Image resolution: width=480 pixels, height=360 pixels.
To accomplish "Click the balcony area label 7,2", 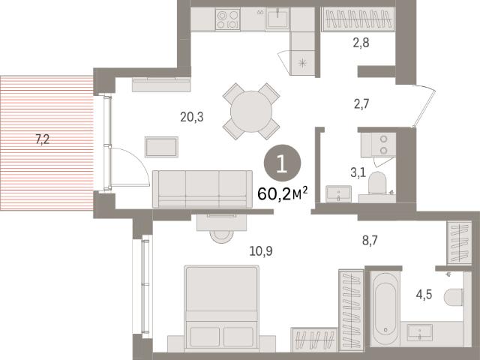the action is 43,139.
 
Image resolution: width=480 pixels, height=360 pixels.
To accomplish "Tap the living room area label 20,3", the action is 192,117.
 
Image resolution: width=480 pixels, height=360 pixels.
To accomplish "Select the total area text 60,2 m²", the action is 282,193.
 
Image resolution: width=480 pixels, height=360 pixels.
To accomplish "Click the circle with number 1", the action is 282,163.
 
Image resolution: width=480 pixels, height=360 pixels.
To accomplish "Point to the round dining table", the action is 251,112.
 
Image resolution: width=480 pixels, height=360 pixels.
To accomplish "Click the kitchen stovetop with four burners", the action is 227,19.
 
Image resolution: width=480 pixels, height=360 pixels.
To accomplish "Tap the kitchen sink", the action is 277,18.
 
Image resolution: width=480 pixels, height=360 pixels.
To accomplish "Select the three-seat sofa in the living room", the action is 202,189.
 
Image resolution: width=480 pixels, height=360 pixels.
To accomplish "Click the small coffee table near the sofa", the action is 161,147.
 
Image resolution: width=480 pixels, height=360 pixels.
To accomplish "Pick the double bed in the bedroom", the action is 222,308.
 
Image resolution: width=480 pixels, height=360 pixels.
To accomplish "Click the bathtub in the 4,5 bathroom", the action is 385,308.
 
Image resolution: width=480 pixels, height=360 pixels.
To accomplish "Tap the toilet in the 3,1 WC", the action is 377,183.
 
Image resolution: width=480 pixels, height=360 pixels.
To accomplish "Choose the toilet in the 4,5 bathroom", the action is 453,297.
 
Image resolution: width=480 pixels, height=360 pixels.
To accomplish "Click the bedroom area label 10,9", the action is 261,251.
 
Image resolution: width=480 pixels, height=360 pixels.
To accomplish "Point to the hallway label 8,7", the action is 370,241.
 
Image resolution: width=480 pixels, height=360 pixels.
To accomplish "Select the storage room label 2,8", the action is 361,43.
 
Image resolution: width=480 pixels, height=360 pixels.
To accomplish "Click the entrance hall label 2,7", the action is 361,104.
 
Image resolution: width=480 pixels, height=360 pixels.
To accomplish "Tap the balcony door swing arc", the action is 138,159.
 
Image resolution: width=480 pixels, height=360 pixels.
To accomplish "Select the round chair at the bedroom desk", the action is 221,236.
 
